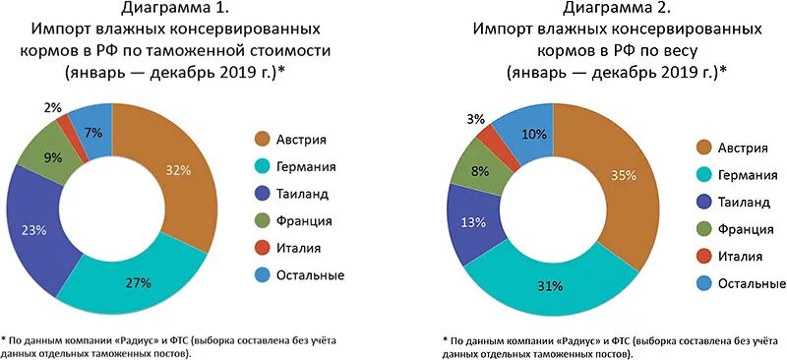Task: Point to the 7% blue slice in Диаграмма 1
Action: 93,131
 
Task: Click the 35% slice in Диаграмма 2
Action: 621,177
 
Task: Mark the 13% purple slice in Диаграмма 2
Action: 474,223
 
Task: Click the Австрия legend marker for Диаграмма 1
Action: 263,139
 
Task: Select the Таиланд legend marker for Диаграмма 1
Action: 263,194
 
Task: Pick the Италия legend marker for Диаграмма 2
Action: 704,257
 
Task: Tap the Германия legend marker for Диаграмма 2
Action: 704,174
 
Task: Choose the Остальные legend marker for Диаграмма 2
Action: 704,283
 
